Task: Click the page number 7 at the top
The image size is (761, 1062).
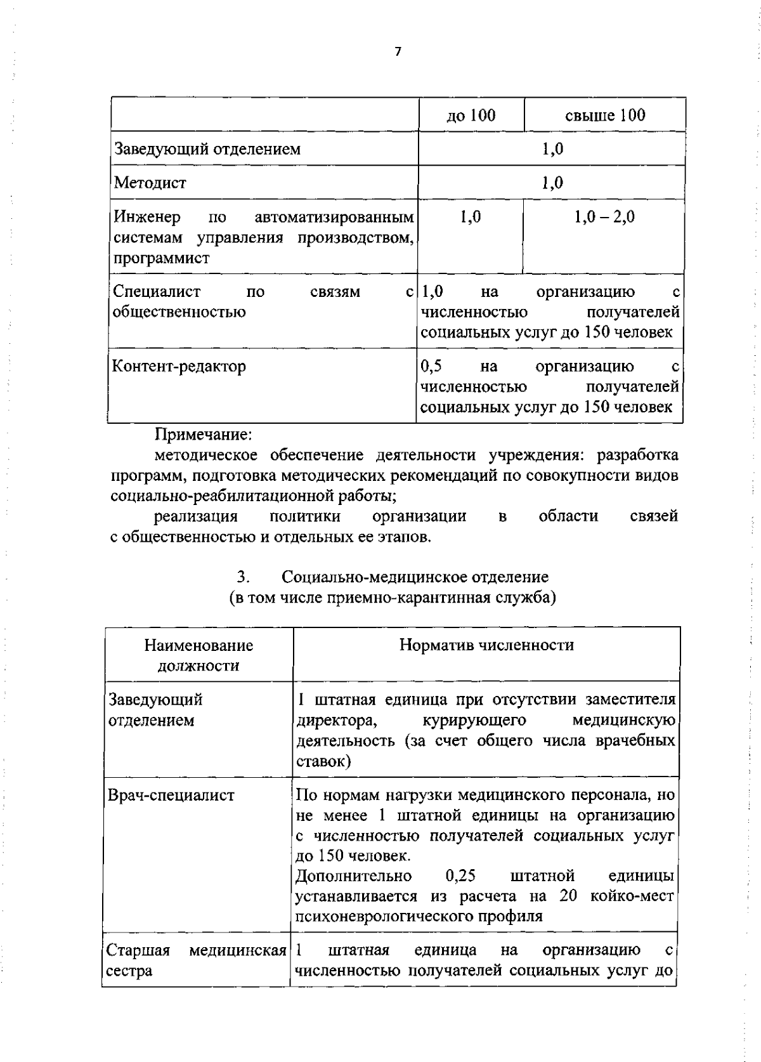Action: pos(398,52)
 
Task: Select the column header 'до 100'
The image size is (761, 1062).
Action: pos(471,115)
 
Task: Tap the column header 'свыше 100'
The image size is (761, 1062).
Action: pos(605,115)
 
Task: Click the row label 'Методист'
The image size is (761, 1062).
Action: pos(150,183)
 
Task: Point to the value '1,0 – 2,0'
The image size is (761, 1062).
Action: pos(604,217)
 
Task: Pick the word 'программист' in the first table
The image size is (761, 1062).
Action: pos(162,258)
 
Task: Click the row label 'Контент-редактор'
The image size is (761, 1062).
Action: pos(179,366)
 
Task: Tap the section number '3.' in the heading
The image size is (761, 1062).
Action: pos(243,577)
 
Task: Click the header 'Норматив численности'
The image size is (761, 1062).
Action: pos(486,645)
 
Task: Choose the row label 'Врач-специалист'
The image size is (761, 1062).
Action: pos(171,795)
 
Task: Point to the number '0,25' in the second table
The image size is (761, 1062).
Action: pos(460,876)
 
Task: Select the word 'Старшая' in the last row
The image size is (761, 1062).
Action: pos(138,950)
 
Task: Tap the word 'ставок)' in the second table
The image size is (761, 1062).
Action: pos(323,761)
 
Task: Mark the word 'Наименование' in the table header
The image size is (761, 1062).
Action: pos(198,645)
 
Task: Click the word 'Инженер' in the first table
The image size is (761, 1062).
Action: pos(147,217)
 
